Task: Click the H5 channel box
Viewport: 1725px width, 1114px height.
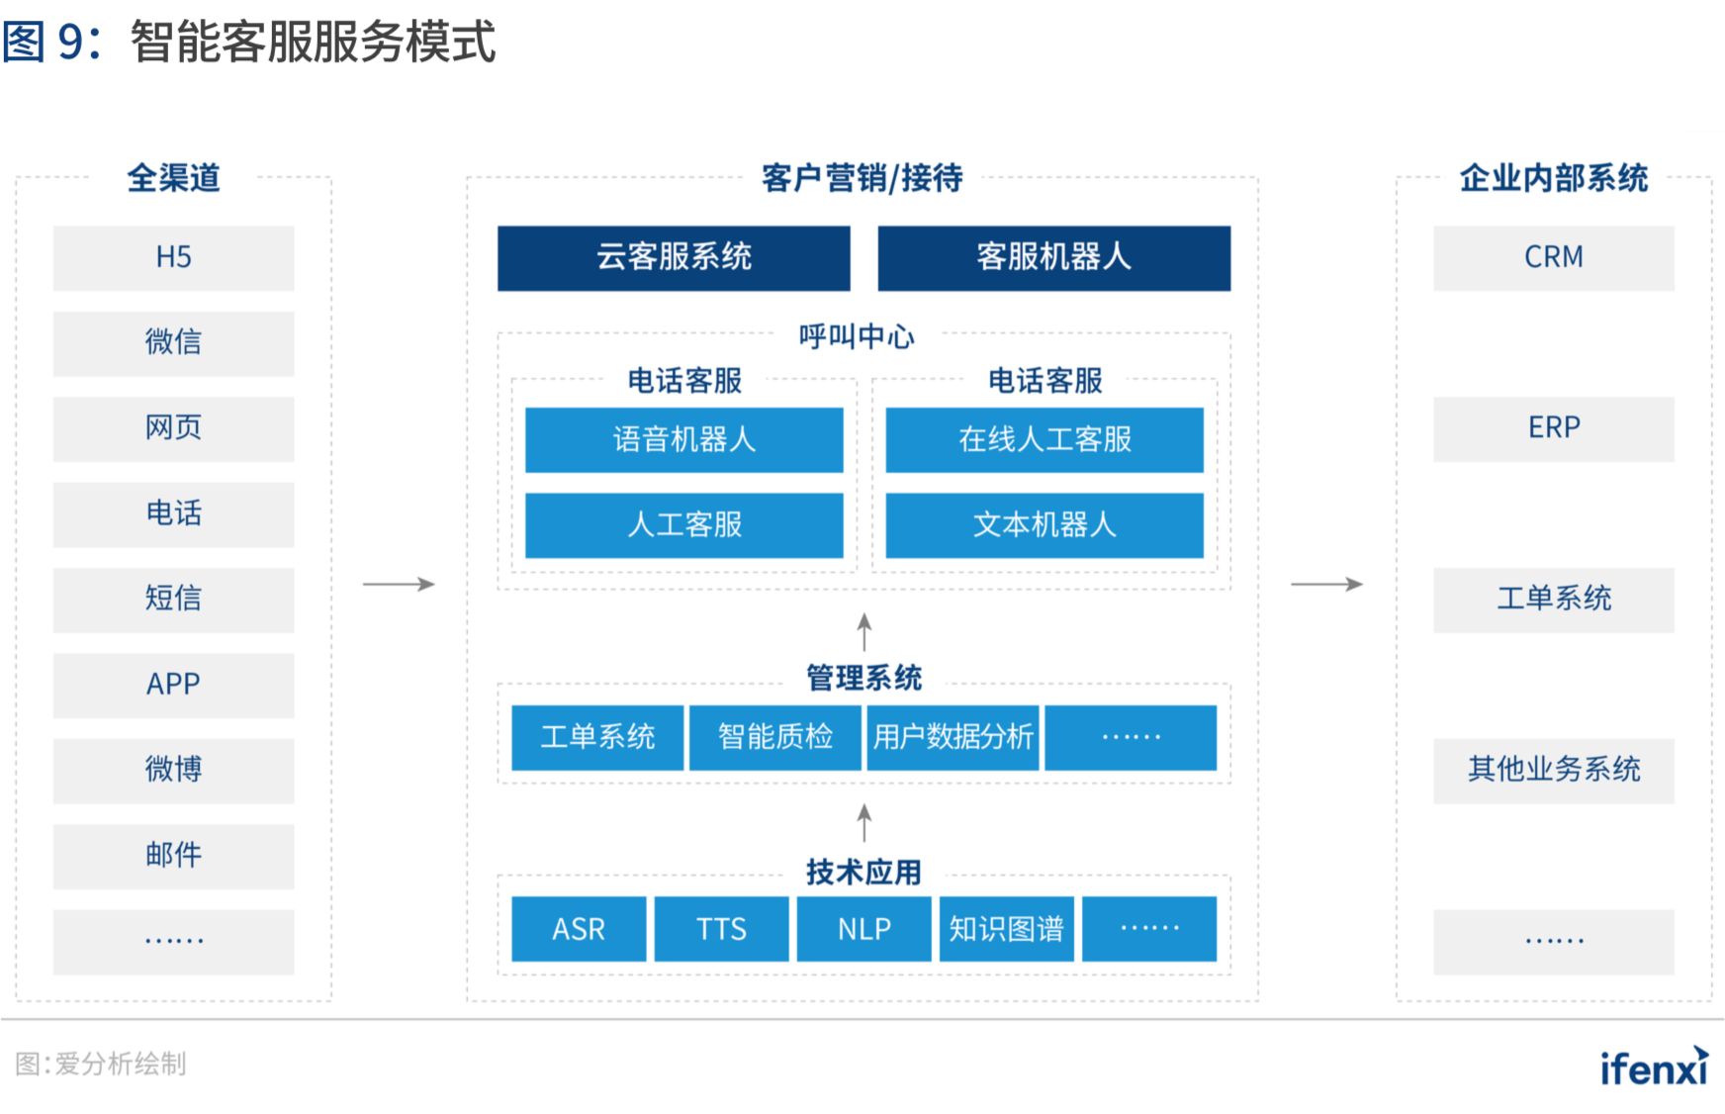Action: click(173, 258)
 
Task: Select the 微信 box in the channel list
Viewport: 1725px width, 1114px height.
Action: click(173, 343)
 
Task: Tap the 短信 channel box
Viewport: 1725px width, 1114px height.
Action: click(173, 600)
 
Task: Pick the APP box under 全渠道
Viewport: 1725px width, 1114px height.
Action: click(173, 685)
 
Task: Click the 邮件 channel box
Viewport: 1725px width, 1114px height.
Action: click(173, 856)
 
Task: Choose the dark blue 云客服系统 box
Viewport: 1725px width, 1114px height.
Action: click(674, 258)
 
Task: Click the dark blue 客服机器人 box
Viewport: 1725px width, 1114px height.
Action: click(1054, 258)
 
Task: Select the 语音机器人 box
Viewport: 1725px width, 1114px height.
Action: click(684, 439)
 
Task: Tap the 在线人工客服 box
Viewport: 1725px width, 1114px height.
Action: click(1044, 439)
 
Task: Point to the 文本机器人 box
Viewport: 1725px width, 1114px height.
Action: click(1044, 525)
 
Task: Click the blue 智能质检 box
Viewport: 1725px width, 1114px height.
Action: click(775, 737)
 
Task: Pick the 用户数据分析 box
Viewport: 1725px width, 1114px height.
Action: click(953, 737)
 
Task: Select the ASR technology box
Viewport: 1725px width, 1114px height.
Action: click(579, 929)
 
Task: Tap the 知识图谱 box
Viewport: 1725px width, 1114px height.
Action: click(1007, 929)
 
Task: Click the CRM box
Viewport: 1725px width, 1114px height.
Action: click(1554, 258)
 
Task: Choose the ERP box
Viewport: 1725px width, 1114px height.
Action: click(1554, 429)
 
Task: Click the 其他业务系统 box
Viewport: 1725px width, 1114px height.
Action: click(1554, 771)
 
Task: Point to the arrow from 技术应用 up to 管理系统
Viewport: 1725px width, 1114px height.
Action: click(864, 823)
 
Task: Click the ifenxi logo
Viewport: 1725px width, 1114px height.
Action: click(1655, 1067)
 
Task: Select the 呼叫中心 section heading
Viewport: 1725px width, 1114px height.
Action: click(857, 336)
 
